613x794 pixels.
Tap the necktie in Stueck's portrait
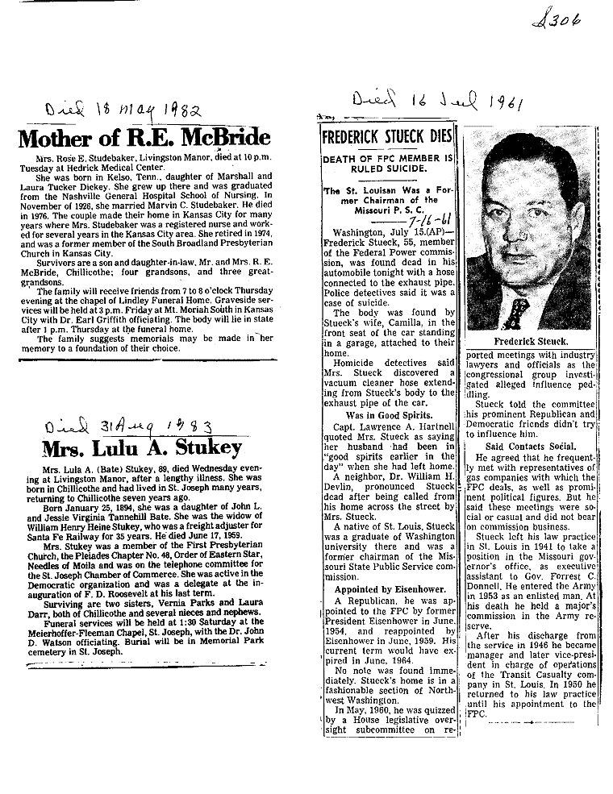click(517, 311)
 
